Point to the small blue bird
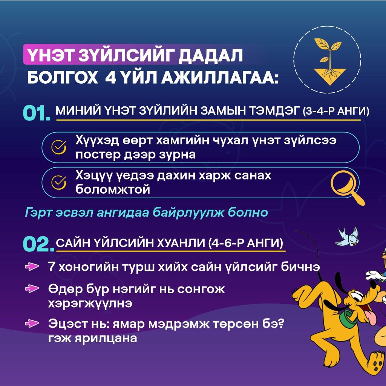347,237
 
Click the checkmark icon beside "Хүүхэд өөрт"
58,147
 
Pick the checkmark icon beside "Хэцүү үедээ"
58,182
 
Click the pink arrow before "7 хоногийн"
32,267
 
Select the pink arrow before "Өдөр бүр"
32,288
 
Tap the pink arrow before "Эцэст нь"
32,323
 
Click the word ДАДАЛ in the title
210,56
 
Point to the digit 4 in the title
110,78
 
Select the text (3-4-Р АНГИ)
336,111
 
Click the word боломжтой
113,190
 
